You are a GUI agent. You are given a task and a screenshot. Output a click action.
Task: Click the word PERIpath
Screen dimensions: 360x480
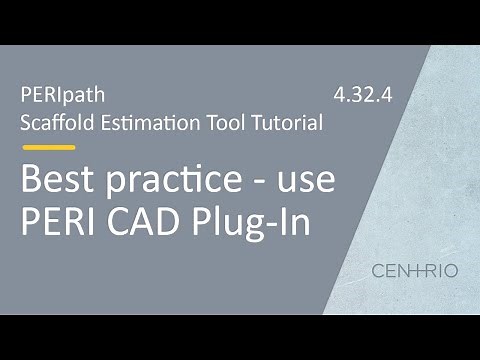pyautogui.click(x=62, y=97)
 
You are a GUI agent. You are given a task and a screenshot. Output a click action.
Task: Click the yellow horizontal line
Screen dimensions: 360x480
pyautogui.click(x=48, y=147)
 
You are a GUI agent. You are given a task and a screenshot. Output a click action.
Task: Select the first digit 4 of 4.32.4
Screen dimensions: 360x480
pyautogui.click(x=338, y=97)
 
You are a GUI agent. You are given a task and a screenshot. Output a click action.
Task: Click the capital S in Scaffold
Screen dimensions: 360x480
pyautogui.click(x=25, y=123)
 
